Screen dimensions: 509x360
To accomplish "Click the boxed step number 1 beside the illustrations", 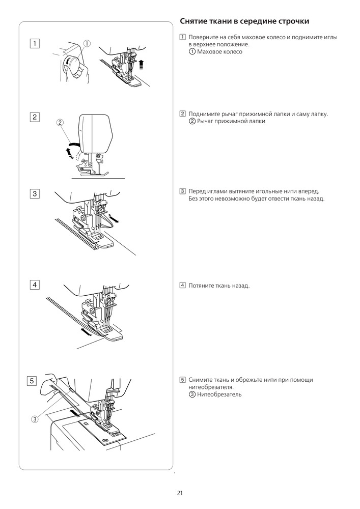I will (35, 44).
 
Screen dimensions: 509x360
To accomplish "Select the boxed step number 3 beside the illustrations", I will (35, 193).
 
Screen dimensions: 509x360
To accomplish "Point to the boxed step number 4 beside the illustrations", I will (35, 285).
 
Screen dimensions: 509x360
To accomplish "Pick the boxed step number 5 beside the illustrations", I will (32, 381).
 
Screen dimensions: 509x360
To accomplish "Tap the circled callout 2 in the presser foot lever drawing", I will (60, 122).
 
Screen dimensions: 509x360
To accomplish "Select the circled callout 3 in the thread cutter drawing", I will (35, 419).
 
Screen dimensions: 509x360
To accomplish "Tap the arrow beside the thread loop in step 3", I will (116, 220).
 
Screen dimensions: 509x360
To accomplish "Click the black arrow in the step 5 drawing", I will (74, 410).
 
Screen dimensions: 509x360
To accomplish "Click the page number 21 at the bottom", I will (180, 493).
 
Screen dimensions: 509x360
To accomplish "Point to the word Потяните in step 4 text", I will (202, 286).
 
